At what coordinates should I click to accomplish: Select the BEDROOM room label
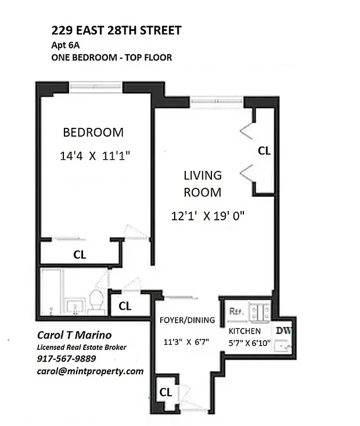93,132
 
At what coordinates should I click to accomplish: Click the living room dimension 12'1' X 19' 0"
207,216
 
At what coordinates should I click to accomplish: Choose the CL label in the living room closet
264,151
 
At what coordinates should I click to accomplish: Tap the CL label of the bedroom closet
79,255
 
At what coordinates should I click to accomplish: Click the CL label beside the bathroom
125,306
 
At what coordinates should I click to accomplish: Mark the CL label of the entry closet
166,392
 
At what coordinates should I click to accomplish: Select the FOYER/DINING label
187,320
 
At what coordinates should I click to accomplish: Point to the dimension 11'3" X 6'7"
186,342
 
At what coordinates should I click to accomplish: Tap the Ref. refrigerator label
235,310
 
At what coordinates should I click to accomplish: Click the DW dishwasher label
283,330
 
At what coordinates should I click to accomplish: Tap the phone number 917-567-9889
67,359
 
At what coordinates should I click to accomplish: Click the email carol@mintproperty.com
90,371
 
